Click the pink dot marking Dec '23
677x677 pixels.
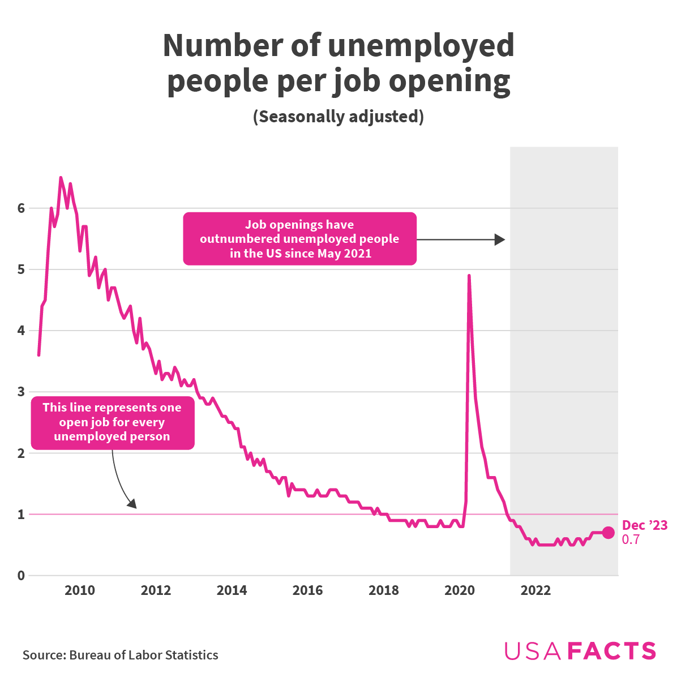(608, 532)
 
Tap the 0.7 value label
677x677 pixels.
(631, 540)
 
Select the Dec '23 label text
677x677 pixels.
(644, 525)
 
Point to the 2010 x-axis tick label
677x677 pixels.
(80, 591)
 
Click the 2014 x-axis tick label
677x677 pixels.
(232, 591)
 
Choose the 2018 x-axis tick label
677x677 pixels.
(383, 591)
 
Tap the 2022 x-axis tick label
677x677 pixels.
(535, 591)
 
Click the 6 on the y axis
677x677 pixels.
(21, 208)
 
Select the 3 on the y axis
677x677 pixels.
(21, 392)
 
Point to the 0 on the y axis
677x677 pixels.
(21, 576)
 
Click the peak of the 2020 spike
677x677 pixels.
(469, 276)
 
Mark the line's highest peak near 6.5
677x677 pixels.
(61, 178)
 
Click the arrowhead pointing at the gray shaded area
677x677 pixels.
(499, 239)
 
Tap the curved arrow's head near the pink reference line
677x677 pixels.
(132, 504)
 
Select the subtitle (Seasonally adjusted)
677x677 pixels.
(338, 117)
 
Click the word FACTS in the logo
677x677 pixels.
(611, 652)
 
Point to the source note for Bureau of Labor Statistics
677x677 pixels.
(120, 655)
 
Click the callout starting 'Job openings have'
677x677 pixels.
(299, 239)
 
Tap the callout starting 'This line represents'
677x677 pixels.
(112, 422)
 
